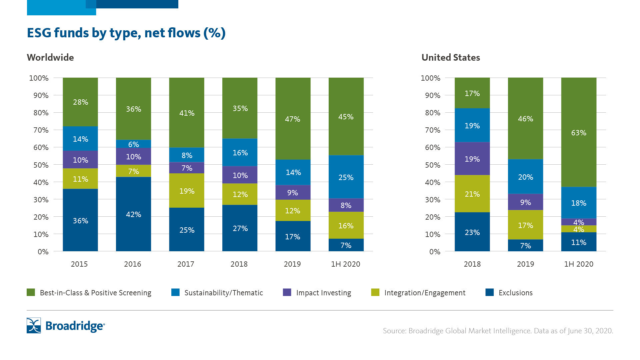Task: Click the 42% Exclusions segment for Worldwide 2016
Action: coord(133,214)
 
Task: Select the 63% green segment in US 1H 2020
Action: coord(579,132)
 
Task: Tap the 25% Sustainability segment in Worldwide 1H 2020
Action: coord(346,177)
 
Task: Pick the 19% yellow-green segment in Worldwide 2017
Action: coord(187,191)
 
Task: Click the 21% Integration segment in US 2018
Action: coord(472,194)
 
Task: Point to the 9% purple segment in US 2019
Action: coord(525,202)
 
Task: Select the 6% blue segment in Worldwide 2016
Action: coord(133,144)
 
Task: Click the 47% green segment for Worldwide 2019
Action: coord(293,119)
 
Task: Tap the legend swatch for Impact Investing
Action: coord(287,292)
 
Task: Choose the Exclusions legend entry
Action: coord(515,293)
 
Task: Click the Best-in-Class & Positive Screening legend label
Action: coord(95,293)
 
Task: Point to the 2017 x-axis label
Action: coord(186,264)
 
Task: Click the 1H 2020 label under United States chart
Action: coord(579,264)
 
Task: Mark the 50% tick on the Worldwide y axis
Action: coord(41,165)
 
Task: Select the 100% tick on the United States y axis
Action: coord(430,78)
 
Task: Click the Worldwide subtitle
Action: coord(50,57)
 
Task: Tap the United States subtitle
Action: coord(451,57)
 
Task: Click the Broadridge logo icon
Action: coord(34,325)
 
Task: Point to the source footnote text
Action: coord(498,331)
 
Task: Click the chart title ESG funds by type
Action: coord(126,33)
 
